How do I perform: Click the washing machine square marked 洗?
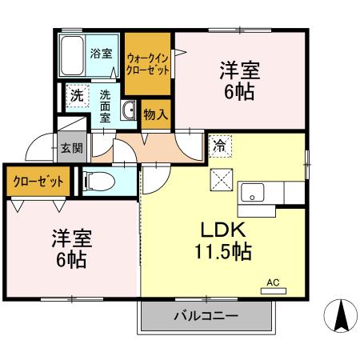pos(77,95)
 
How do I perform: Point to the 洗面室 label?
pos(106,104)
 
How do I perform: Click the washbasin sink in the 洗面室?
pos(129,110)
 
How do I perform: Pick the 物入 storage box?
pos(155,114)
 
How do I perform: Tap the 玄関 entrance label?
pos(69,150)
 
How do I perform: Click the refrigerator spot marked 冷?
pos(219,146)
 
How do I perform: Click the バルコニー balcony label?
pos(206,316)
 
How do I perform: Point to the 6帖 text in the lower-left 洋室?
pos(70,258)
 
